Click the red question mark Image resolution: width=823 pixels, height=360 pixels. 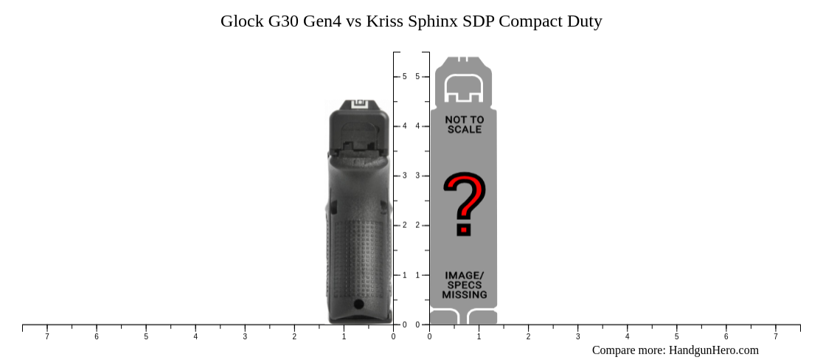(464, 204)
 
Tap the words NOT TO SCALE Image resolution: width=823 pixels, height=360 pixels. (464, 125)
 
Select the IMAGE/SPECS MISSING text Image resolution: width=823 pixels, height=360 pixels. (464, 285)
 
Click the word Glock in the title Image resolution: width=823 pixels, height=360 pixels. (242, 21)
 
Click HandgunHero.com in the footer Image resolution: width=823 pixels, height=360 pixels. (713, 350)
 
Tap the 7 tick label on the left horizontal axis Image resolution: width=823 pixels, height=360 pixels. (47, 337)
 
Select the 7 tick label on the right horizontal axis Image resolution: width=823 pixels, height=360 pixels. (775, 337)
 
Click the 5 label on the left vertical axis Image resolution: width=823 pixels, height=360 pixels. (404, 77)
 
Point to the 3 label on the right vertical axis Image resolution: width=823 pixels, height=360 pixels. (417, 176)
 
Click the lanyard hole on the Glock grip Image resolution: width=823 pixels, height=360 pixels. (359, 304)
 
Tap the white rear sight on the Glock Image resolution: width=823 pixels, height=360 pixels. (359, 104)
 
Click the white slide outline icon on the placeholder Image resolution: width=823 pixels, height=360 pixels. (463, 89)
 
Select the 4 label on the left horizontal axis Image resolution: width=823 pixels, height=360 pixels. (195, 337)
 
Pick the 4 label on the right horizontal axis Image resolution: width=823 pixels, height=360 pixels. (627, 337)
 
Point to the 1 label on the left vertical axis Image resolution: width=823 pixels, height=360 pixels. (404, 275)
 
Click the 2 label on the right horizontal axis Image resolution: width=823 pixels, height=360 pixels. (528, 337)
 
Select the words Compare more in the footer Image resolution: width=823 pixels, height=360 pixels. (628, 350)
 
